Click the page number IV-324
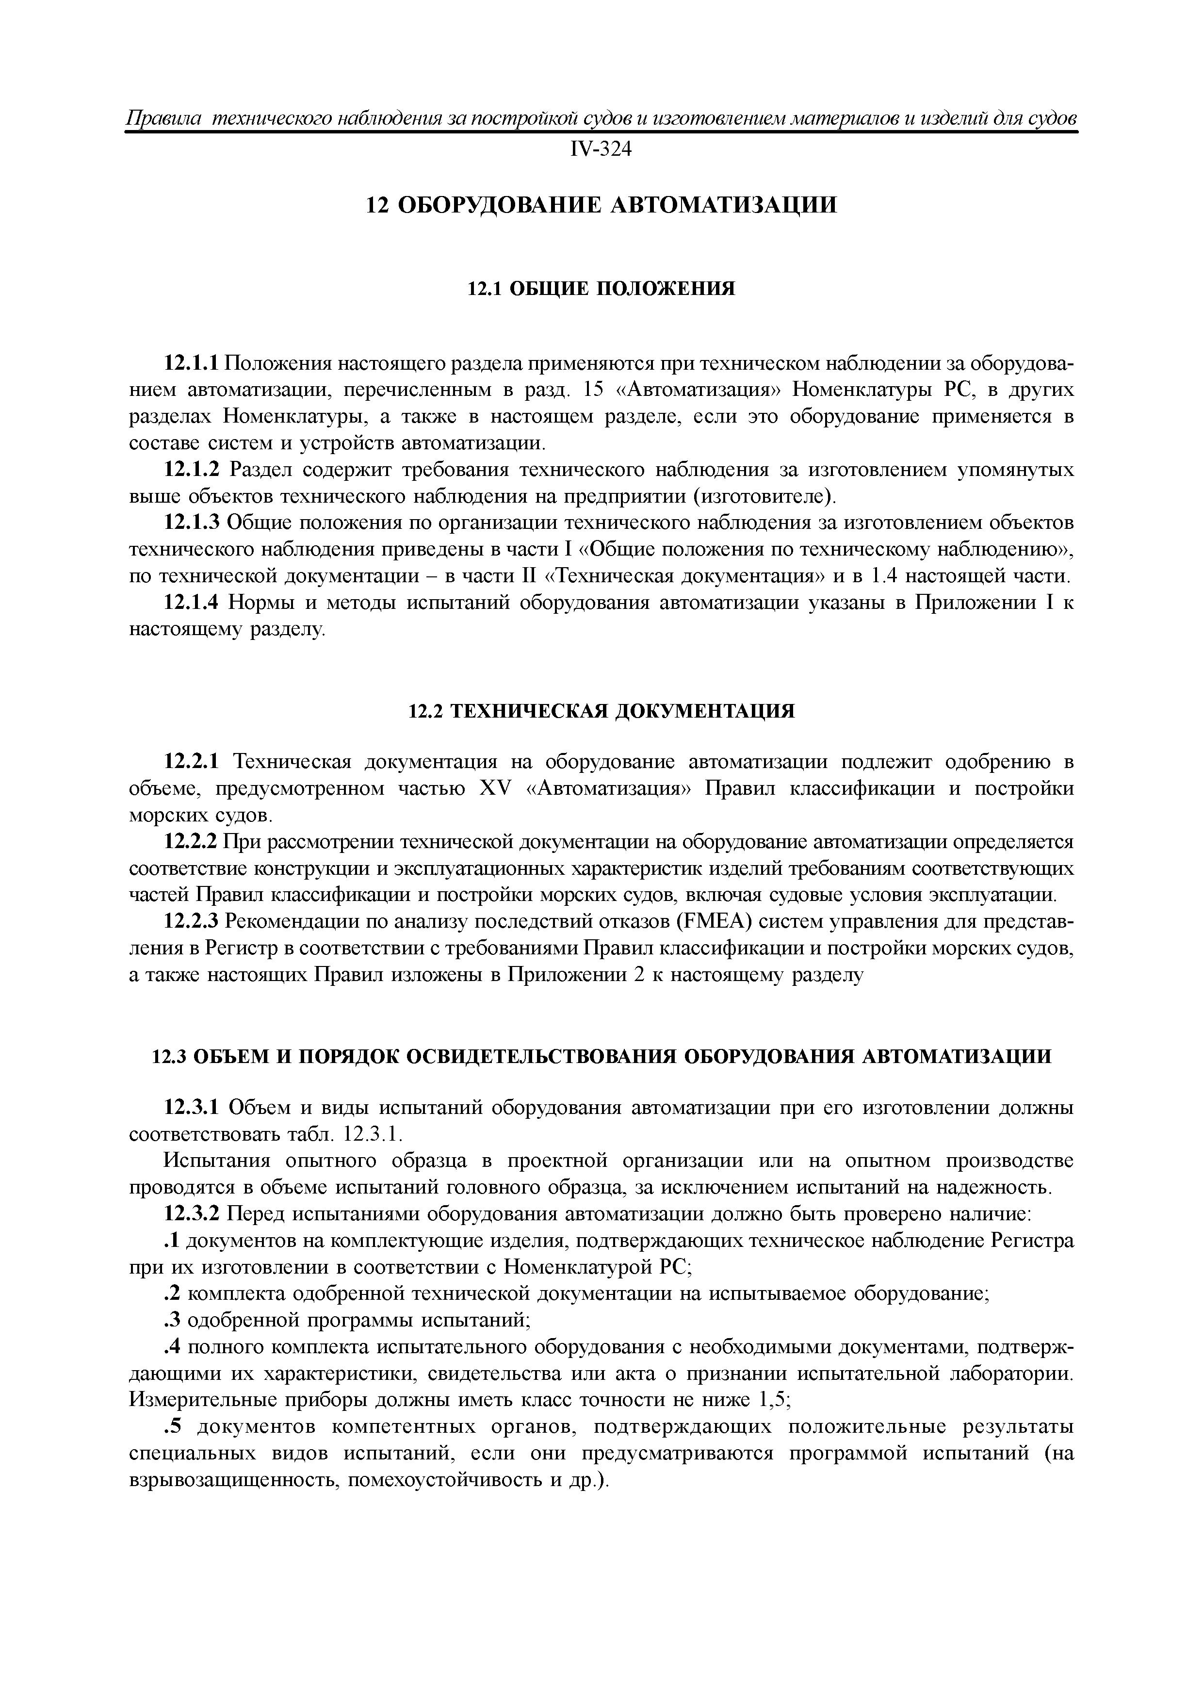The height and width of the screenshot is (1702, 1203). click(601, 150)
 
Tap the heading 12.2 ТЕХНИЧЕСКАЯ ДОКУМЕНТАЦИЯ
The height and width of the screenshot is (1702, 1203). click(601, 712)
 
